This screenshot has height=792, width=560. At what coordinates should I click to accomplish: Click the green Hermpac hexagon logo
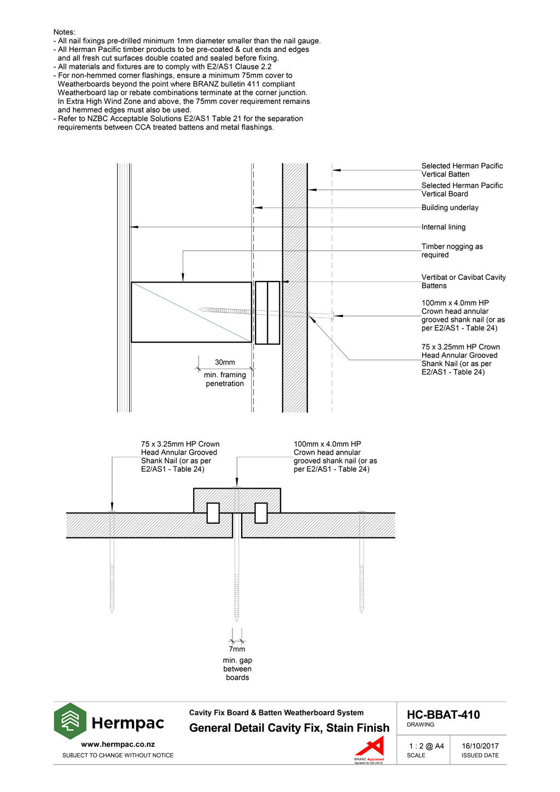coord(70,721)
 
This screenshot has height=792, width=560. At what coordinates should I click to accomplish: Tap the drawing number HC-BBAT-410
coord(443,715)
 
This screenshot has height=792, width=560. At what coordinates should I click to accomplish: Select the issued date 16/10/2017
coord(480,746)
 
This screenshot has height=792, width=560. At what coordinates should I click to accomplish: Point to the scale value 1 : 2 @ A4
coord(426,746)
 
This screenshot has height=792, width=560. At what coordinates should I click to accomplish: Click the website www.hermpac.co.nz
coord(118,744)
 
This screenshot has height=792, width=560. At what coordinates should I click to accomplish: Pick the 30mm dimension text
coord(225,362)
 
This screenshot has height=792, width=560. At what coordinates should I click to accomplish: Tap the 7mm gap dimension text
coord(237,649)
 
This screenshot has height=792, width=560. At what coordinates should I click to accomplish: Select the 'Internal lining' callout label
coord(444,227)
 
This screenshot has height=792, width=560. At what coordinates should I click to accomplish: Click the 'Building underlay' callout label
coord(450,208)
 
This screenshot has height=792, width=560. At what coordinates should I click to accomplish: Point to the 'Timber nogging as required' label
coord(452,251)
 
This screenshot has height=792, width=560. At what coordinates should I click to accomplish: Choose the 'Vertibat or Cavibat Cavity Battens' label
coord(463,281)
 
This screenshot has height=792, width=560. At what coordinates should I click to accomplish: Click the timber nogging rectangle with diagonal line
coord(191,312)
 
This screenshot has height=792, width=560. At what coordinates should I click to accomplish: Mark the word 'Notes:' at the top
coord(65,32)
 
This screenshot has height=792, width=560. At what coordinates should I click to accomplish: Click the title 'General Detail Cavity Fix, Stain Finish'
coord(289,728)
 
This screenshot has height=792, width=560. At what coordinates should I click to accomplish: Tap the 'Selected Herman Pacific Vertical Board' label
coord(462,190)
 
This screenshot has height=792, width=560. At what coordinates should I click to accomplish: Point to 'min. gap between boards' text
coord(237,669)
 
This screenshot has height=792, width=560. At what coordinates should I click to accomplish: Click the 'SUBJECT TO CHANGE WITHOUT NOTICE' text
coord(118,755)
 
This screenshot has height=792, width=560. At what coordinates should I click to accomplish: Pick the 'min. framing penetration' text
coord(225,379)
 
